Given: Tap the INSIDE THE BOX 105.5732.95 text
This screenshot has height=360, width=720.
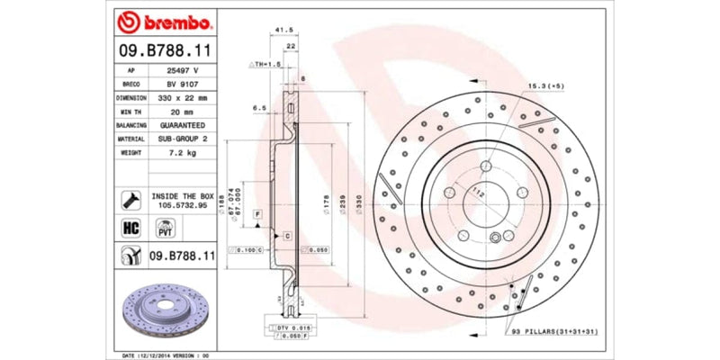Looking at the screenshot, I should (x=182, y=200).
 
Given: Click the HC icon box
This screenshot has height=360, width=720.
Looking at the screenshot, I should (x=128, y=228).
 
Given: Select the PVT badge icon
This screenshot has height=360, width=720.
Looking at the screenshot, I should (x=165, y=229).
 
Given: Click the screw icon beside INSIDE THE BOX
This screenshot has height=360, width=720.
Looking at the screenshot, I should (x=128, y=199).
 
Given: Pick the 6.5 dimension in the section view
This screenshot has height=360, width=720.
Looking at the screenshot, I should (x=259, y=107).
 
